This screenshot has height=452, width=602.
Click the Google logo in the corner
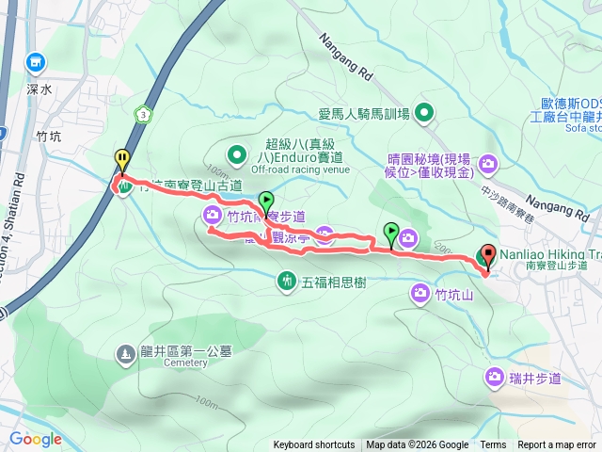(x=36, y=439)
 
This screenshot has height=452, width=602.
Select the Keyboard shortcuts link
(x=314, y=445)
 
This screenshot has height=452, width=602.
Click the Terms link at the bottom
(x=493, y=445)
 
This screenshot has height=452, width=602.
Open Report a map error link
(x=557, y=445)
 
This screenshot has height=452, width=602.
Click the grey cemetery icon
(x=126, y=354)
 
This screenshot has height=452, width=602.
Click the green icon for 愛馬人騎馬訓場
(x=424, y=115)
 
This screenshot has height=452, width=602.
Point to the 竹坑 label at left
(x=48, y=137)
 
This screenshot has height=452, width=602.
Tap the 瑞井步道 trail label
(x=536, y=379)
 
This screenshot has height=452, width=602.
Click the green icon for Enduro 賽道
(x=235, y=153)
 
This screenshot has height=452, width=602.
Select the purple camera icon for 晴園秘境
(x=488, y=165)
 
